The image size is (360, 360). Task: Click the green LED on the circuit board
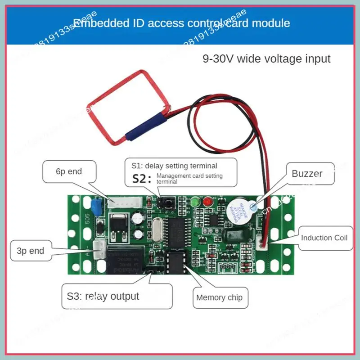pos(195,202)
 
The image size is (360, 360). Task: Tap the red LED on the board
pos(207,202)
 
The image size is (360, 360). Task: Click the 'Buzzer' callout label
pos(307,173)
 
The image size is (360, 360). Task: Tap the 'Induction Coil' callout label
pos(324,238)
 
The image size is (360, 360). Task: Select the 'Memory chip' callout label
pos(219,297)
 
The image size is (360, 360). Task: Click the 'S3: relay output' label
pos(103,296)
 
